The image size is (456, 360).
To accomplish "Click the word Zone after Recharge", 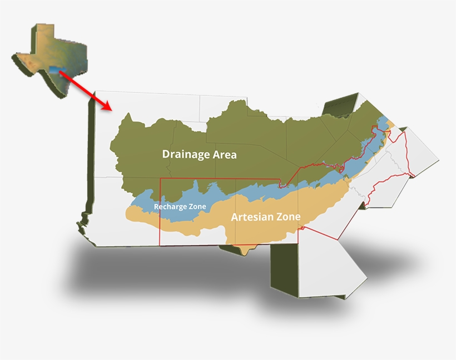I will pos(197,207).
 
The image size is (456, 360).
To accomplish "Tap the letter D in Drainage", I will pos(166,154).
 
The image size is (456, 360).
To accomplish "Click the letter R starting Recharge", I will pos(156,207).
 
